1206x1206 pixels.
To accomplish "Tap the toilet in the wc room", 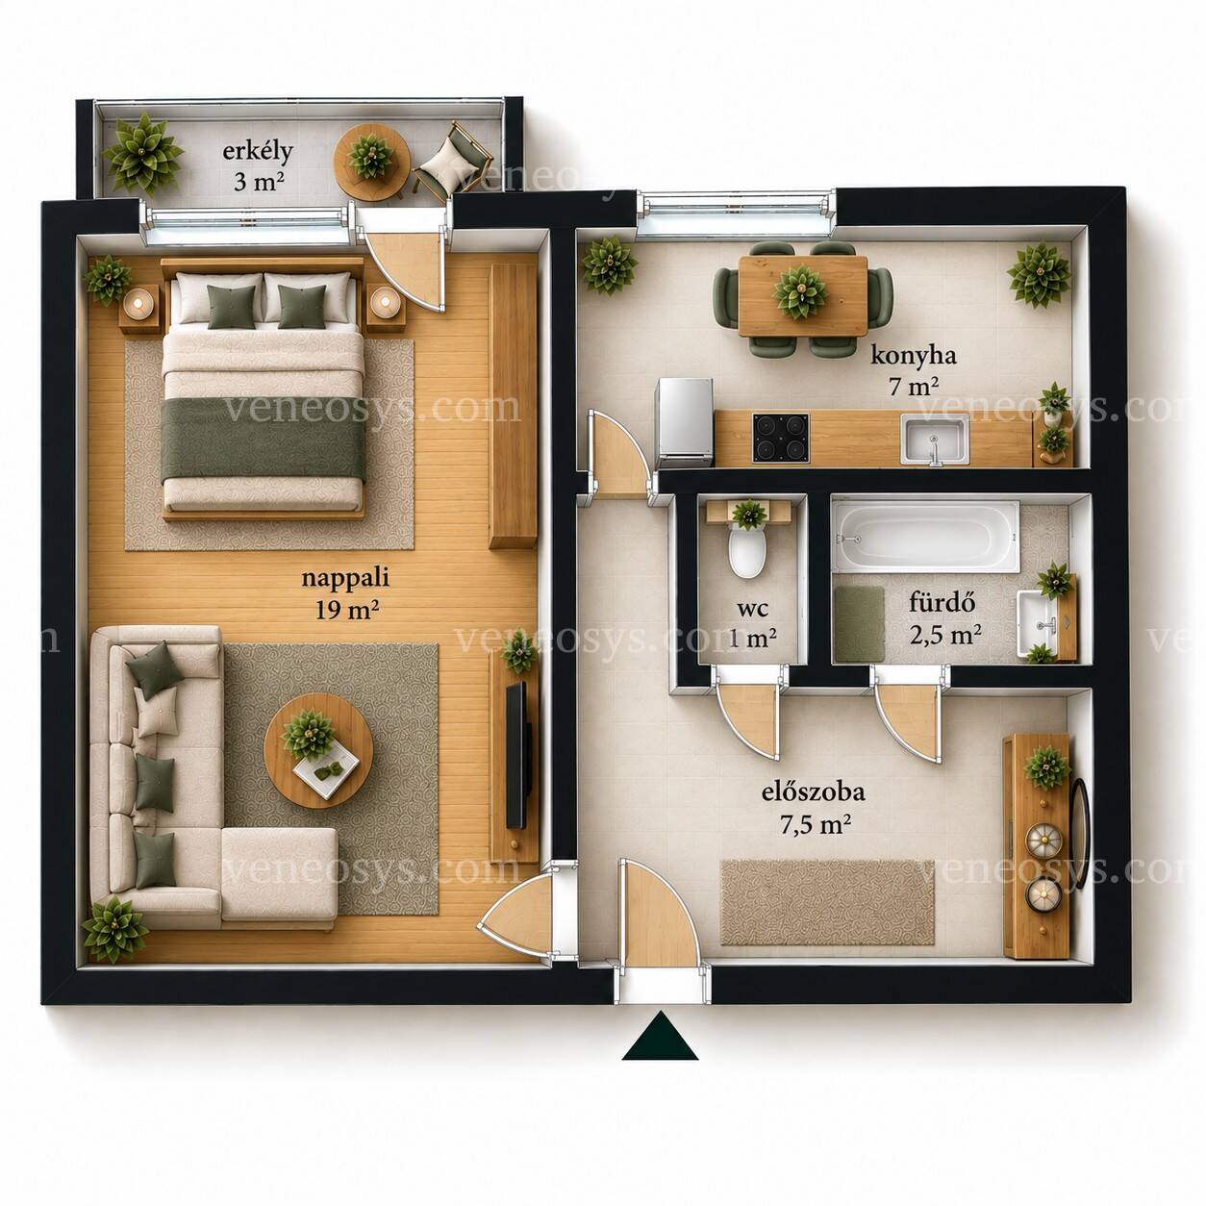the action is (747, 551).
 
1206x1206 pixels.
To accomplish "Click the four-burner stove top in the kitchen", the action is (780, 438).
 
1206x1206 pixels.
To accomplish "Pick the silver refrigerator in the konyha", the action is (684, 422).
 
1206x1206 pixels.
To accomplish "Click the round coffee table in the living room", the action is (318, 750).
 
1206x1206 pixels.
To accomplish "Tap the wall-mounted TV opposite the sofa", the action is (517, 755).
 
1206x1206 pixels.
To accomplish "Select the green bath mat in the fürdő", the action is (859, 623).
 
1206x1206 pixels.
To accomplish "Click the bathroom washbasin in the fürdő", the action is (1039, 624).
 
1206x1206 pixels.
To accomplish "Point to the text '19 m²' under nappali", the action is (346, 609).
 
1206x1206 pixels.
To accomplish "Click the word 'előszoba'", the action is (813, 791).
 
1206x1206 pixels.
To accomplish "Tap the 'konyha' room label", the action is (913, 357).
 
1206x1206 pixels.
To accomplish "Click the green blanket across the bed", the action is (264, 440).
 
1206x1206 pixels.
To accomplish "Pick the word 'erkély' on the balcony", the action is (258, 152).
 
